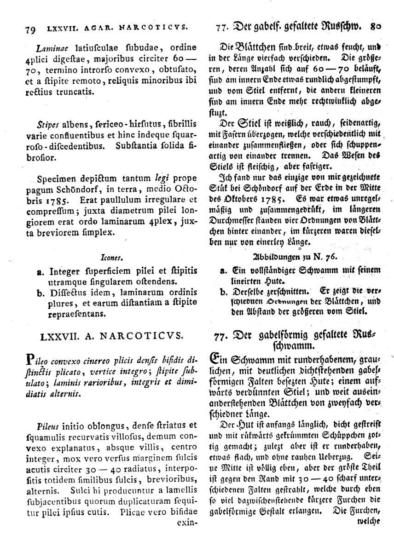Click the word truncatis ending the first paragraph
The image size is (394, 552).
[x=76, y=92]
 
